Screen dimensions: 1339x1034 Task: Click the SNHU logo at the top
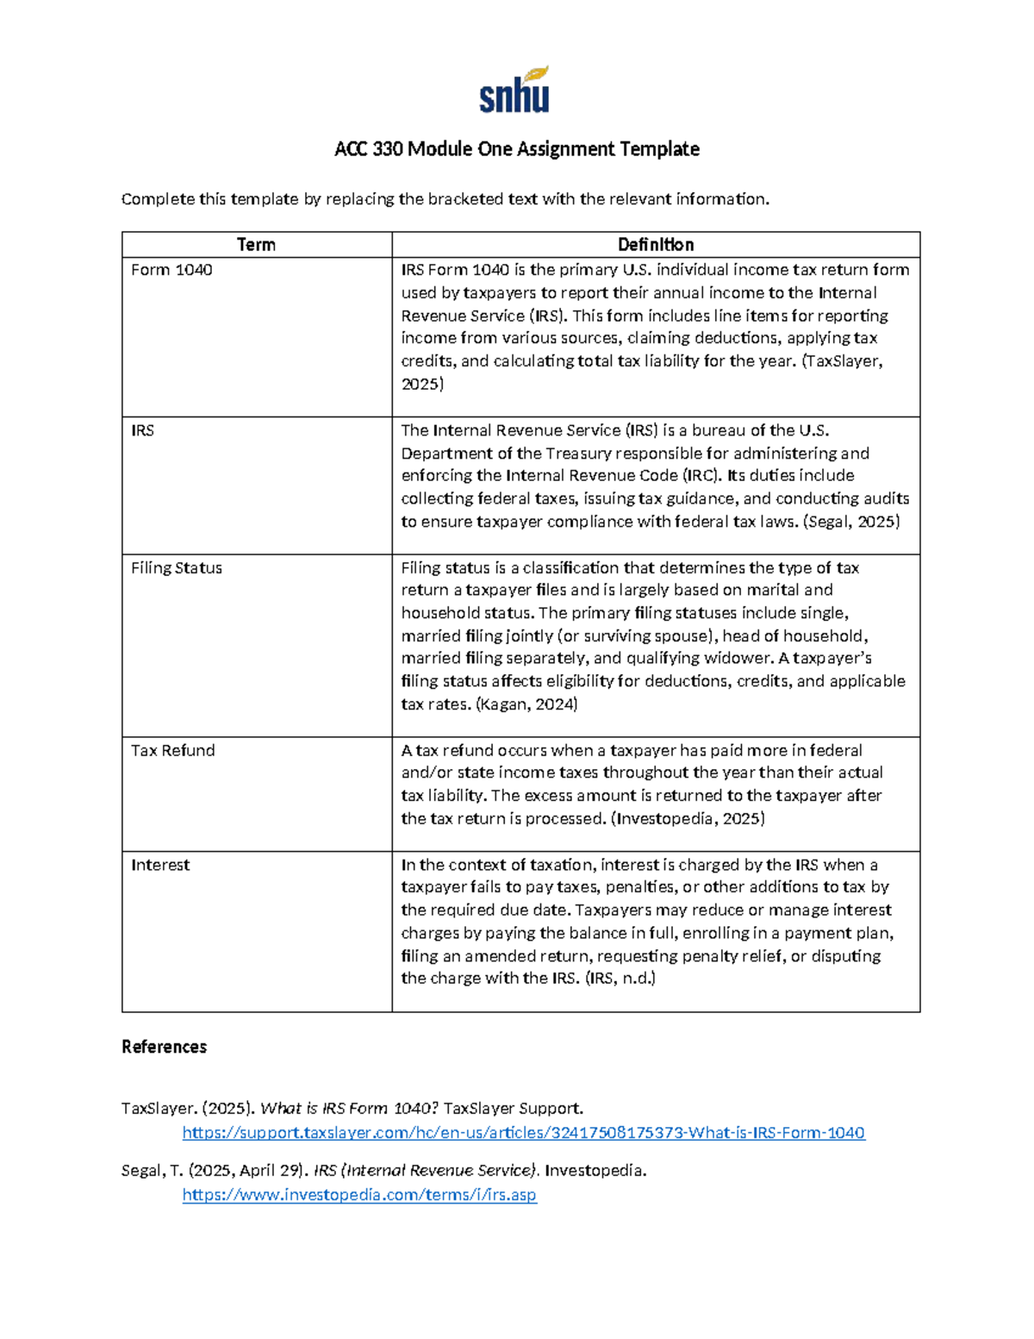pyautogui.click(x=514, y=90)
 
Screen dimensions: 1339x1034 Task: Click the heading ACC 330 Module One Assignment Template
pyautogui.click(x=517, y=149)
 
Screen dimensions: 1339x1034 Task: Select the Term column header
pyautogui.click(x=256, y=245)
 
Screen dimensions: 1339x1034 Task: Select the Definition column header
pyautogui.click(x=655, y=245)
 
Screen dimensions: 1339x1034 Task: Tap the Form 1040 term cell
pyautogui.click(x=171, y=270)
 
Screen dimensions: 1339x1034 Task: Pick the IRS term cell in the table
pyautogui.click(x=143, y=430)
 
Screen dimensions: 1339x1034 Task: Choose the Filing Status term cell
pyautogui.click(x=177, y=568)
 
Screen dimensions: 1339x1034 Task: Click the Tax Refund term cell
pyautogui.click(x=173, y=750)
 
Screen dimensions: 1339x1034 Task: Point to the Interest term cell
pyautogui.click(x=160, y=865)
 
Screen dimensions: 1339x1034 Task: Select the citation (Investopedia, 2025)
pyautogui.click(x=688, y=818)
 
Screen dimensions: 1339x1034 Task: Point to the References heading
pyautogui.click(x=165, y=1047)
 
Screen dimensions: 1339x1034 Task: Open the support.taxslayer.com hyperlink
pyautogui.click(x=523, y=1133)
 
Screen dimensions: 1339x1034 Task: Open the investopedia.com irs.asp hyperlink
pyautogui.click(x=359, y=1195)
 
